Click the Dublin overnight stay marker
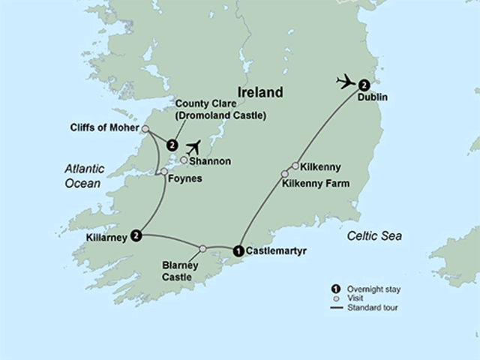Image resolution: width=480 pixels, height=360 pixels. tap(364, 84)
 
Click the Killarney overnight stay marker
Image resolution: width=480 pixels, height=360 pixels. tap(136, 235)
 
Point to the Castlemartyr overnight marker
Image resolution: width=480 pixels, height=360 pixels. tap(238, 250)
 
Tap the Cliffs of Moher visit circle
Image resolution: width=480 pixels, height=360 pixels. tap(145, 128)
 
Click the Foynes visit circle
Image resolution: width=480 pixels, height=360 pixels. tap(164, 172)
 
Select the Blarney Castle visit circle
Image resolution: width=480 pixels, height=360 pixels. tap(202, 248)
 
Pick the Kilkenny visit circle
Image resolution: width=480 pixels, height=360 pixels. tap(295, 166)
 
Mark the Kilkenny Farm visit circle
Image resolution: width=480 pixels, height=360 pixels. tap(284, 174)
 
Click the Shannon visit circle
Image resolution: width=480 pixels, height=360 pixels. tap(183, 160)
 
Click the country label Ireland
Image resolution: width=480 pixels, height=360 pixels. tap(260, 93)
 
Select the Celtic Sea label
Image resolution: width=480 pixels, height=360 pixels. tap(374, 236)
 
